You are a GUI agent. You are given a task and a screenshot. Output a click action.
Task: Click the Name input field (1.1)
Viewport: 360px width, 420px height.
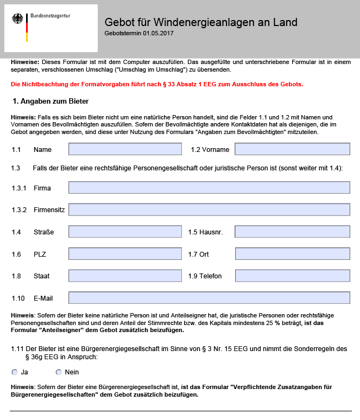point(125,149)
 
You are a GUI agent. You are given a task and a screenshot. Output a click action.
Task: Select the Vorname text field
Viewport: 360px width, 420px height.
point(292,149)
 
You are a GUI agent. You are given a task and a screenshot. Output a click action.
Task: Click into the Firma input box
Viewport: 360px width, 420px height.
point(209,188)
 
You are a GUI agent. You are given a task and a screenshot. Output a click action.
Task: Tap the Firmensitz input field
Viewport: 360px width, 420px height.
point(209,209)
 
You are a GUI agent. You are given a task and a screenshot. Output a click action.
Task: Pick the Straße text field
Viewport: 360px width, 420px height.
point(125,232)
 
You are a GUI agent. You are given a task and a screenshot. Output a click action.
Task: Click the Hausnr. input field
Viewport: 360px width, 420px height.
point(292,232)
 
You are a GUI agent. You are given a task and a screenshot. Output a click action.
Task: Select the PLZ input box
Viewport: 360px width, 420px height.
point(125,254)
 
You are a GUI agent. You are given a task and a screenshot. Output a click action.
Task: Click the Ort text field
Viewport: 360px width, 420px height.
point(292,254)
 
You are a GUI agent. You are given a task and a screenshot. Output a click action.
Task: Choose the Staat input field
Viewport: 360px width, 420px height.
point(125,276)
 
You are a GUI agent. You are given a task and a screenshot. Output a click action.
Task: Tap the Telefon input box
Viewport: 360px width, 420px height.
point(292,276)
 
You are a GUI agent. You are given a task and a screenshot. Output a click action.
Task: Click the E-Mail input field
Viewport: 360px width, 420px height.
point(209,297)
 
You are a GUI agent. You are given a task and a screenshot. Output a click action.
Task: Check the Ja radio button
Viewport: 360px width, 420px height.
point(14,372)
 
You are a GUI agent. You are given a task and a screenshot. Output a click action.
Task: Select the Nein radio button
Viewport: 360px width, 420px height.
point(59,372)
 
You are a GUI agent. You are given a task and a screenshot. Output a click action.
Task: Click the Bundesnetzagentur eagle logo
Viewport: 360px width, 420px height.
point(18,22)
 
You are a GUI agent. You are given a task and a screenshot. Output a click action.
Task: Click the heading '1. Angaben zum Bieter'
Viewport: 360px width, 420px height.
point(50,101)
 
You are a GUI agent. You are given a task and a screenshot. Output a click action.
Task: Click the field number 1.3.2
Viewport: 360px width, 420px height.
point(19,210)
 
